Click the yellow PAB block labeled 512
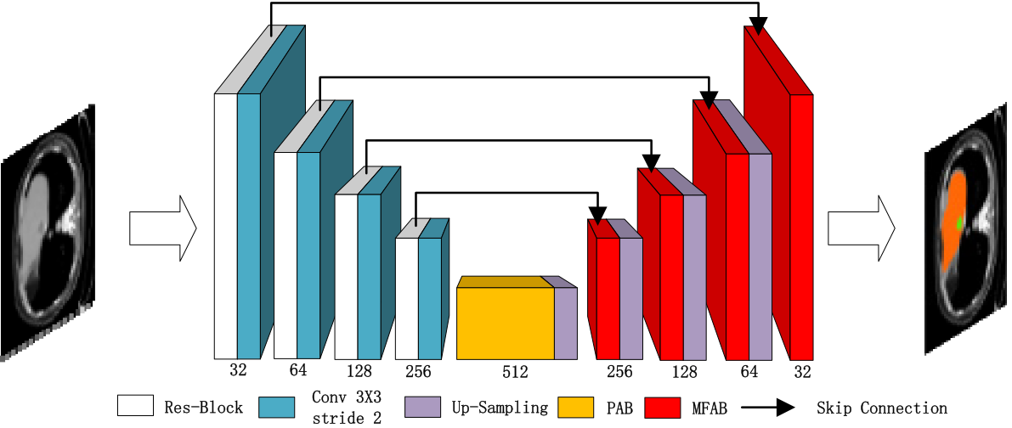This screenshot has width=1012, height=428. (x=506, y=323)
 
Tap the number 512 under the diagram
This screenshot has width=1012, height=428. (x=515, y=372)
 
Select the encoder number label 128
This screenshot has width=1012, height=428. (x=359, y=372)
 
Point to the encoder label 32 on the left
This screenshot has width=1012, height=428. (x=237, y=370)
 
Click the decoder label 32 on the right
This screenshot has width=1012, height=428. (x=802, y=371)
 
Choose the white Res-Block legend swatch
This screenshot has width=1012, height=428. (x=135, y=408)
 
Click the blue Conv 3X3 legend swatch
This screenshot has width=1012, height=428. (x=275, y=408)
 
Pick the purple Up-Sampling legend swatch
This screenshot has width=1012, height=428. (x=421, y=408)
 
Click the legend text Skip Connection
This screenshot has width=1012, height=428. (x=881, y=408)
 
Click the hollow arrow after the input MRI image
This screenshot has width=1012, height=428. (x=162, y=228)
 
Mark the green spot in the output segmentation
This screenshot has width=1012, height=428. (x=960, y=223)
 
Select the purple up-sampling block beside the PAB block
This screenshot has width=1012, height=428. (x=566, y=323)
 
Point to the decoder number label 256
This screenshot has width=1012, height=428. (x=619, y=372)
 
